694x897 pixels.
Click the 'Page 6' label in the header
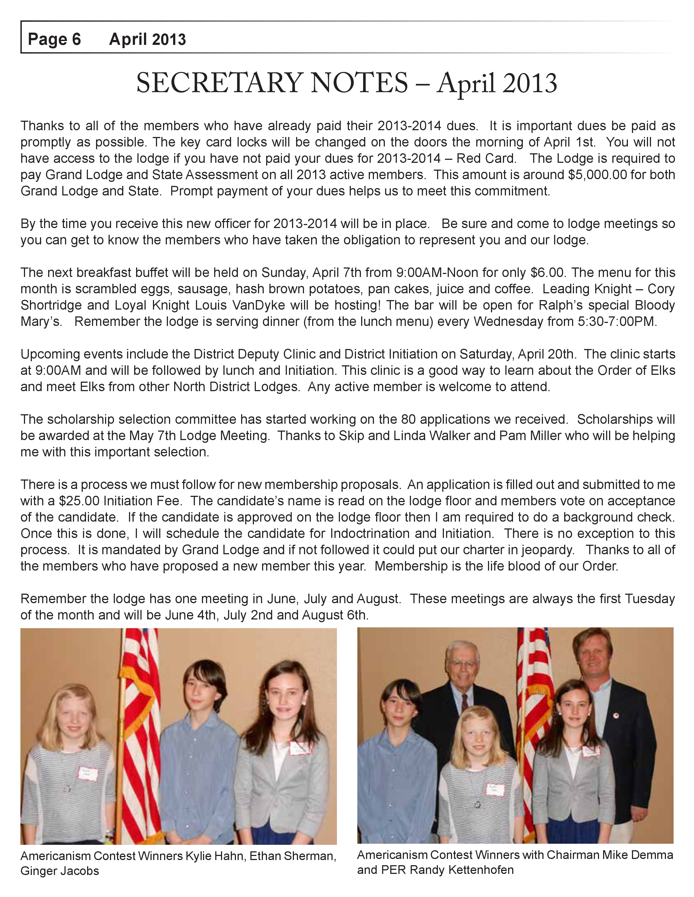pyautogui.click(x=54, y=39)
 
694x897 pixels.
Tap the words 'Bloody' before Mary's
pyautogui.click(x=655, y=305)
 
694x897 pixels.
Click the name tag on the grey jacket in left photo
pyautogui.click(x=301, y=748)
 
